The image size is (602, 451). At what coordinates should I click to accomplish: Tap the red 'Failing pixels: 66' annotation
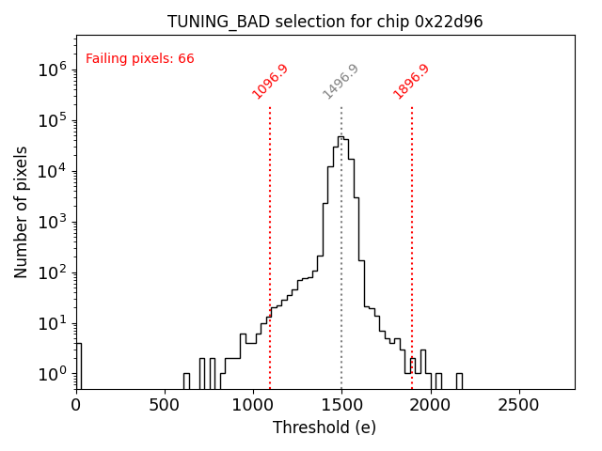click(x=139, y=58)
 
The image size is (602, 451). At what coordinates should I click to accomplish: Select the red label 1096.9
click(x=270, y=82)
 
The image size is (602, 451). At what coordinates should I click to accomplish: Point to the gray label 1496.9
click(x=341, y=82)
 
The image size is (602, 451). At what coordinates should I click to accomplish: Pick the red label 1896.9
click(x=411, y=82)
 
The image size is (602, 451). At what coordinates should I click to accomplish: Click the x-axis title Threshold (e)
click(x=325, y=428)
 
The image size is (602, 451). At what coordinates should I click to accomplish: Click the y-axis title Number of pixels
click(x=22, y=212)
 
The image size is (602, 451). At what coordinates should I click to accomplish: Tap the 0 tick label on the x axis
click(x=76, y=404)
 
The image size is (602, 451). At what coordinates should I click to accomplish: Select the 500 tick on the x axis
click(x=165, y=404)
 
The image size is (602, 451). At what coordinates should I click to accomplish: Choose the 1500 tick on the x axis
click(x=341, y=404)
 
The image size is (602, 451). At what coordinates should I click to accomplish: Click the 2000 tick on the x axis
click(x=430, y=404)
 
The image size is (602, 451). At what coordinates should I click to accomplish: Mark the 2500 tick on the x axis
click(x=518, y=404)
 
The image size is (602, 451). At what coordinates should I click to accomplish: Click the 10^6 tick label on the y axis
click(x=50, y=70)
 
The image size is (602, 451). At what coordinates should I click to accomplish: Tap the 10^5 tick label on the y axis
click(x=50, y=120)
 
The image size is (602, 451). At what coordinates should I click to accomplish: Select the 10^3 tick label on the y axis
click(x=50, y=222)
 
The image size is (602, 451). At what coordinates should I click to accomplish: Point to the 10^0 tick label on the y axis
click(x=50, y=374)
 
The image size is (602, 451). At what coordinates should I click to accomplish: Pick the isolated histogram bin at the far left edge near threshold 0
click(x=78, y=365)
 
